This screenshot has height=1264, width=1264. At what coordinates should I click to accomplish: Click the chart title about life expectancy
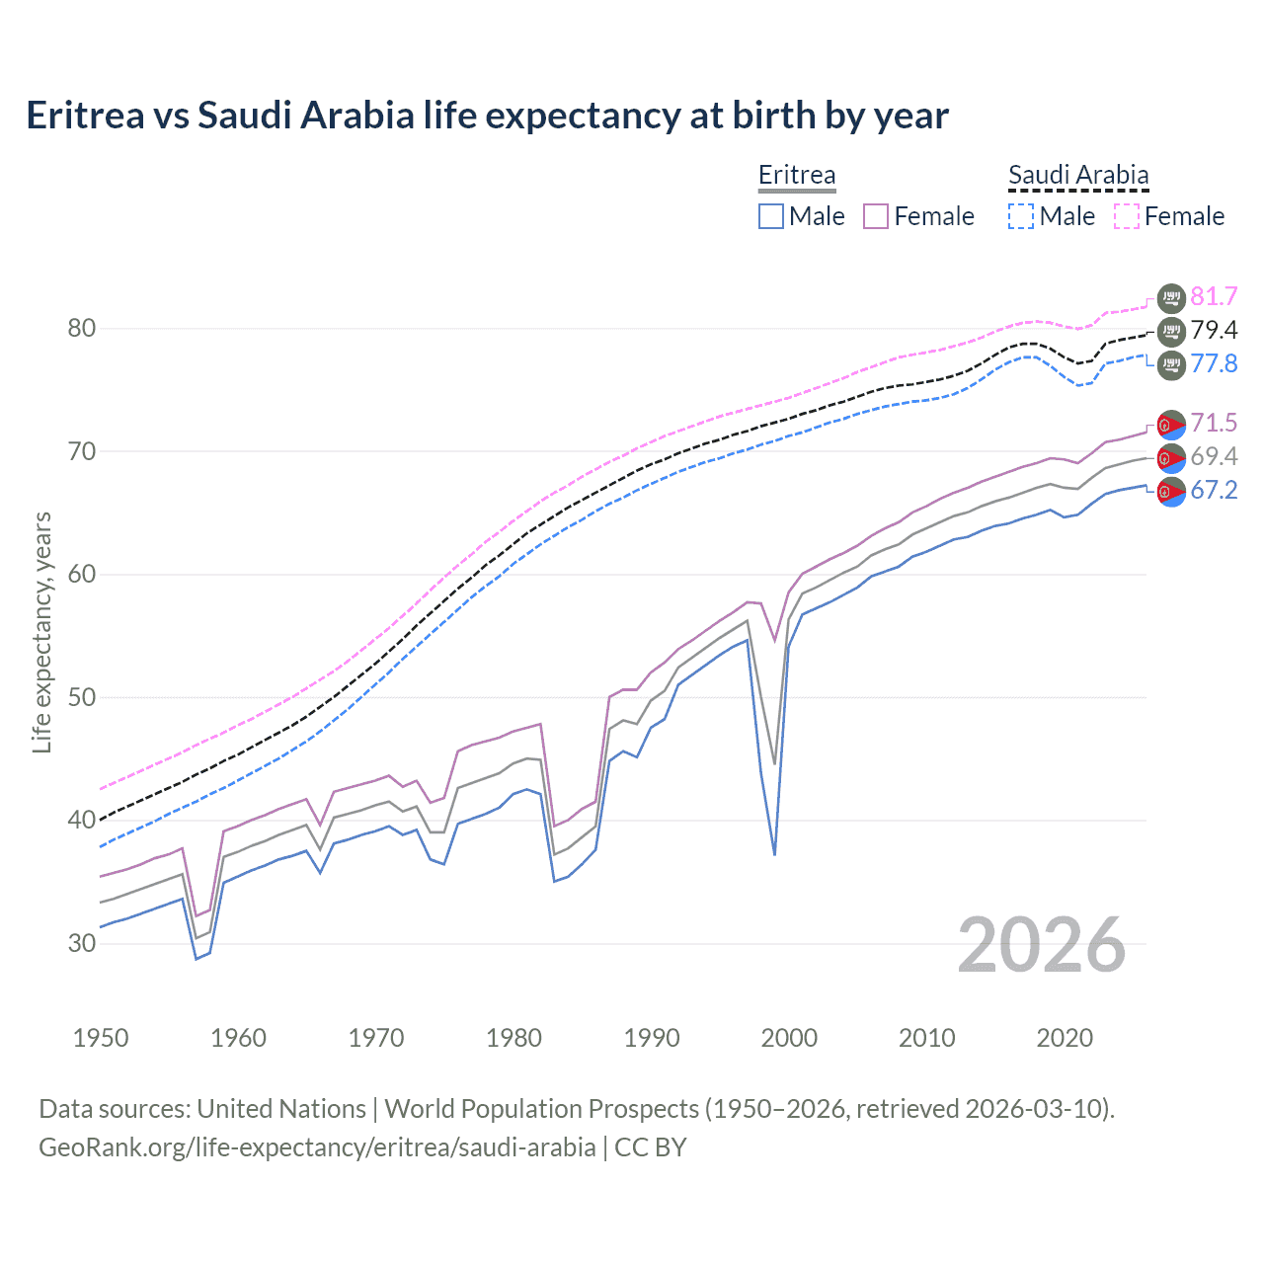coord(487,116)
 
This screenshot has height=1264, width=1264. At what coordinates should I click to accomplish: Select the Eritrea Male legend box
coord(771,216)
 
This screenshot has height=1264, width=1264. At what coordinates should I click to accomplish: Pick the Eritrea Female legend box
coord(876,216)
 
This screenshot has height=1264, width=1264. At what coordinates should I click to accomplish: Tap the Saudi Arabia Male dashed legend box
coord(1021,216)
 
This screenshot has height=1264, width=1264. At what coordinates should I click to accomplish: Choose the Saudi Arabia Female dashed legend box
coord(1127,216)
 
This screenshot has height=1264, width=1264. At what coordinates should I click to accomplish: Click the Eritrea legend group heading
coord(797,175)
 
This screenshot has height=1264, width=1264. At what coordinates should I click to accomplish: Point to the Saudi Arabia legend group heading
coord(1078,175)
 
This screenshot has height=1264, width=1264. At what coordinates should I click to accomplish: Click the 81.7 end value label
coord(1214,296)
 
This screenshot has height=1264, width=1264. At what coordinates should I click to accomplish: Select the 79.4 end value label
coord(1214,330)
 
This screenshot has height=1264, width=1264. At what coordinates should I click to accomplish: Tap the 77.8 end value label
coord(1214,363)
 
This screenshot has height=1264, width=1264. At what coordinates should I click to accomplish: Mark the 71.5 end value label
coord(1214,423)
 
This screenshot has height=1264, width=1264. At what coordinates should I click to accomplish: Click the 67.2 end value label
coord(1214,490)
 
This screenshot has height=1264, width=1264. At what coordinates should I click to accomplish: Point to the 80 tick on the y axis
coord(81,328)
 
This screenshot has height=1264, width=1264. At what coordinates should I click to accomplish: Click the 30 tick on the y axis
coord(81,943)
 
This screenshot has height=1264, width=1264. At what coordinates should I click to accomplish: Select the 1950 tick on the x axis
coord(101,1038)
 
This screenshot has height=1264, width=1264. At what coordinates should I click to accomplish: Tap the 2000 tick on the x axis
coord(789,1038)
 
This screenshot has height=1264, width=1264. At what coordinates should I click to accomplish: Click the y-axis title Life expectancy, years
coord(41,632)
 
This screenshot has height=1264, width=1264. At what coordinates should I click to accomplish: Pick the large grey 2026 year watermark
coord(1042,945)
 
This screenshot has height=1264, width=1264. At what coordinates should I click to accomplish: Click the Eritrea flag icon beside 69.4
coord(1171,457)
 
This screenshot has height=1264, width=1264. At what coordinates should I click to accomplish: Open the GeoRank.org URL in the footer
coord(317,1147)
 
